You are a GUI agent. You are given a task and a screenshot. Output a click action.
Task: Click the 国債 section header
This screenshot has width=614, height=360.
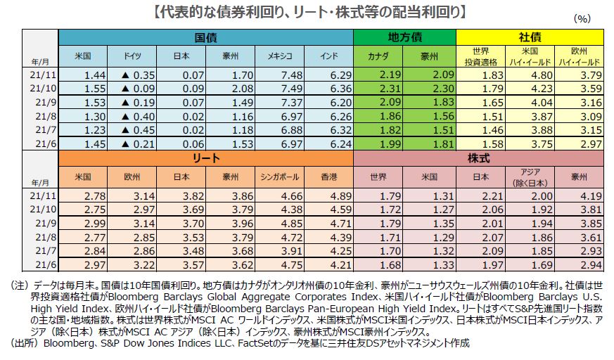coord(205,37)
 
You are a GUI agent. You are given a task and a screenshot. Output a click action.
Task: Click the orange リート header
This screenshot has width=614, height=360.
coord(205,159)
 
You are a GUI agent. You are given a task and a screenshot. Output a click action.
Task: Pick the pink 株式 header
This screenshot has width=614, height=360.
coord(478,159)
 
